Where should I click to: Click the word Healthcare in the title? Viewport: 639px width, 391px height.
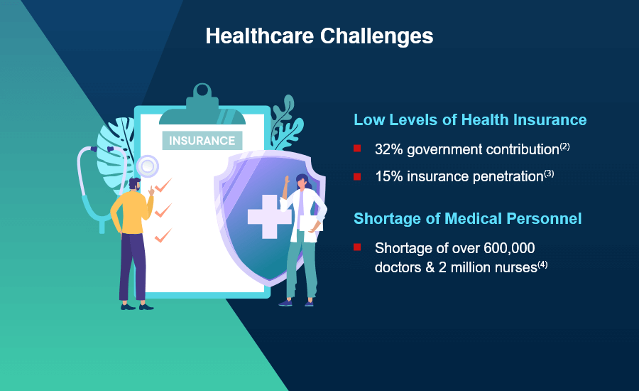[x=260, y=36]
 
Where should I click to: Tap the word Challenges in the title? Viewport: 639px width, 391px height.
[x=376, y=37]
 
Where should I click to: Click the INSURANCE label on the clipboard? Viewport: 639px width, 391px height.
[x=202, y=140]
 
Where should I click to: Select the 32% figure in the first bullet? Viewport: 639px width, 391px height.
[x=389, y=149]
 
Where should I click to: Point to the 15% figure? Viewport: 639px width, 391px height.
[x=389, y=176]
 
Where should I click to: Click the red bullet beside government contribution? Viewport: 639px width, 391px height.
[x=357, y=148]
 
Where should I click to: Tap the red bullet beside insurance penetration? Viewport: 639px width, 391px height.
[x=357, y=176]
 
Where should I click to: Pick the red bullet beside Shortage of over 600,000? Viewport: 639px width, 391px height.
[x=357, y=247]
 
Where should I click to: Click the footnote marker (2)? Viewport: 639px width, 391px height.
[x=564, y=146]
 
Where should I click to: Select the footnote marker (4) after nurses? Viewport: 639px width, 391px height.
[x=542, y=264]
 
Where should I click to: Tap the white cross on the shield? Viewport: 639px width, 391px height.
[x=268, y=217]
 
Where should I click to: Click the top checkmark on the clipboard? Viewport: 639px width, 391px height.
[x=163, y=185]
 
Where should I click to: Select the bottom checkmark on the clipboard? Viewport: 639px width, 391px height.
[x=163, y=235]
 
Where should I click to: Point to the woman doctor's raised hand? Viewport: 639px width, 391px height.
[x=287, y=180]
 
